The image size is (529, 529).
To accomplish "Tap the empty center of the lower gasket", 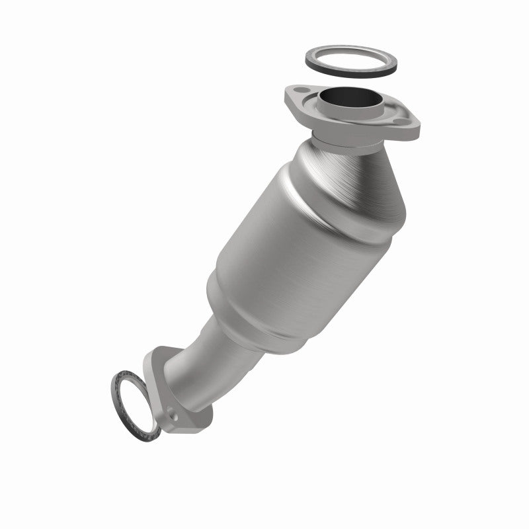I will click(x=136, y=403).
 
